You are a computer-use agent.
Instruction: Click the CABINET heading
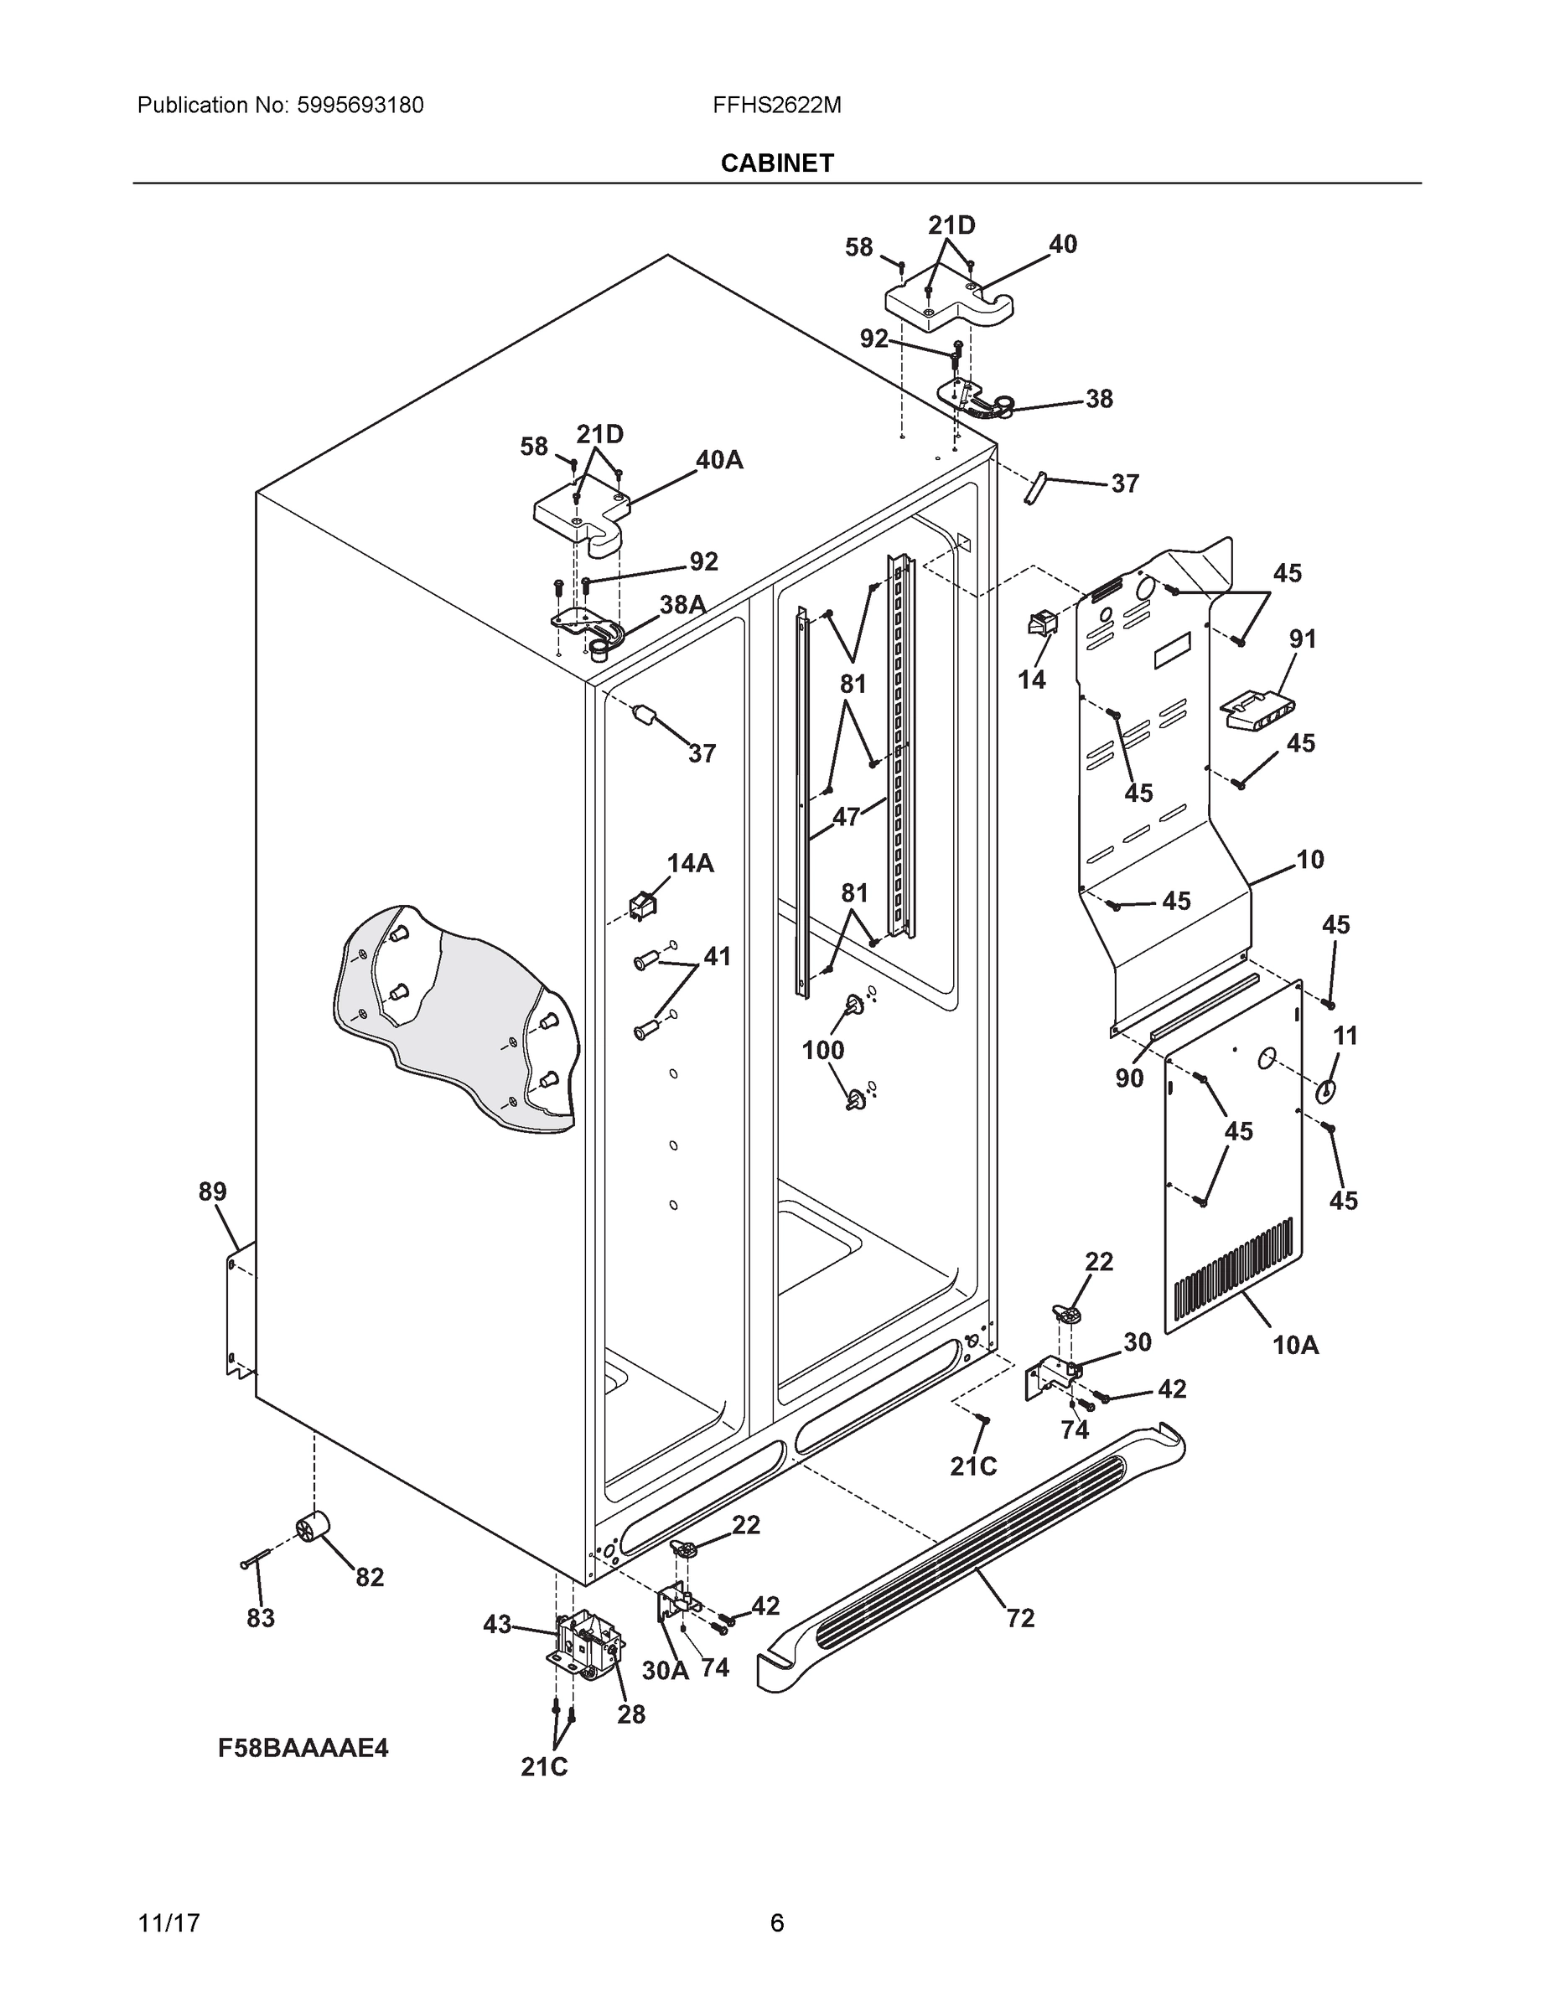(776, 163)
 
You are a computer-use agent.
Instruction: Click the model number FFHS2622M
(776, 105)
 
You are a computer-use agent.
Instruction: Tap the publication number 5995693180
(360, 105)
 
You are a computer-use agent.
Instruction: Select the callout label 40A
(718, 460)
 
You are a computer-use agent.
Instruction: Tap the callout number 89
(212, 1192)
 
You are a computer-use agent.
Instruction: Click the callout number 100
(822, 1050)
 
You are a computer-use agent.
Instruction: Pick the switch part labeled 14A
(641, 905)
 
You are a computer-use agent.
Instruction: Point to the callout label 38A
(682, 605)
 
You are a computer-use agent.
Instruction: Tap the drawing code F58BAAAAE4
(303, 1748)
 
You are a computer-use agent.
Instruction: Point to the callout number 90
(1128, 1078)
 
